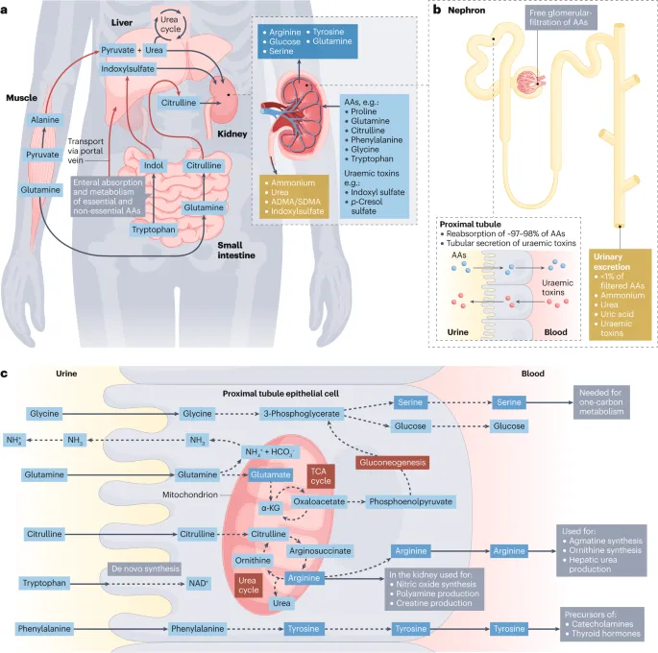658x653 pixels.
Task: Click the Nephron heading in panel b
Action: (470, 13)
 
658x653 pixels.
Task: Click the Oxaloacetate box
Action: (321, 501)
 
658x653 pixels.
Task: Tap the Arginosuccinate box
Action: (322, 551)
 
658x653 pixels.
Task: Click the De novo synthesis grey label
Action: (143, 568)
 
